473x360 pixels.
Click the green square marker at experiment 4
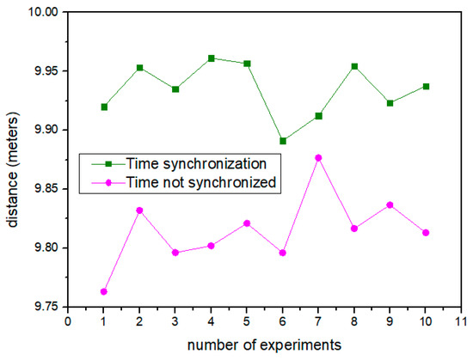211,58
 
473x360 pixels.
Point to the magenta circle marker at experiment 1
104,292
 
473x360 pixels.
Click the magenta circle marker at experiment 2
139,211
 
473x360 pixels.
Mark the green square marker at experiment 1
104,107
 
